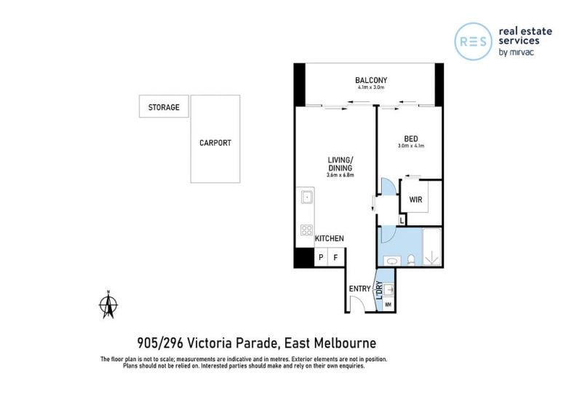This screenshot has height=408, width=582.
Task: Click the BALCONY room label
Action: point(371,80)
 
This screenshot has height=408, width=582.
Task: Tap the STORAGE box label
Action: point(164,107)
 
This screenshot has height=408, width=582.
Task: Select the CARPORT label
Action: point(215,143)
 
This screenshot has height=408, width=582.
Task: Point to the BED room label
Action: point(411,138)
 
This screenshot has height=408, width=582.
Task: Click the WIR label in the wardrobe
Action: point(415,200)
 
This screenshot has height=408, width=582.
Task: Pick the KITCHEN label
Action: point(330,238)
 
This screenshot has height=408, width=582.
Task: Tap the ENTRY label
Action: point(359,289)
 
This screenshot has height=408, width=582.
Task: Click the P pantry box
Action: point(321,257)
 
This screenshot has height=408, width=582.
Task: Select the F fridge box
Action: point(335,257)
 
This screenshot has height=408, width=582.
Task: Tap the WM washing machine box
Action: point(388,305)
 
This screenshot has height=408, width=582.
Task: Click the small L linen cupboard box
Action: point(402,220)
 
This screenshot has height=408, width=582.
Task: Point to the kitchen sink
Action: point(306,197)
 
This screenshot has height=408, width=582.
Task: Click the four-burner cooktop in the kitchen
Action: point(306,230)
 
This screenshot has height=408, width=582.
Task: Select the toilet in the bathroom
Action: point(411,260)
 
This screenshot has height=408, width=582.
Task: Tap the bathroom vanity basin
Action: point(392,261)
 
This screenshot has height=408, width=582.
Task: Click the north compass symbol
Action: point(108,305)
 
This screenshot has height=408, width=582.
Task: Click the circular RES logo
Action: point(474,42)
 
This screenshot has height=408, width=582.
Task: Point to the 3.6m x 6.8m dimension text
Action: point(340,175)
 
